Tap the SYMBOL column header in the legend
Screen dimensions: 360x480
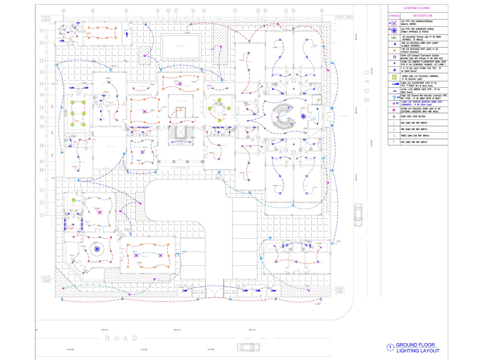394,15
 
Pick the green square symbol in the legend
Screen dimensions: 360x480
394,77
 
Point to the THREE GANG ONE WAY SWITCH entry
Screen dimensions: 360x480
417,135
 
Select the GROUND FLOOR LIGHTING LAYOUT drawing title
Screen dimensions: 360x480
418,348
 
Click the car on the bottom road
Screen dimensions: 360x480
248,347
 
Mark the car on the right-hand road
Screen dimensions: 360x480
358,215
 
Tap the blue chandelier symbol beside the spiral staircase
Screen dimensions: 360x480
303,116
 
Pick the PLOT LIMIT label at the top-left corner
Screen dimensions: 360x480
47,18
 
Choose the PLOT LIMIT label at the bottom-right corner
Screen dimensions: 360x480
339,289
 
